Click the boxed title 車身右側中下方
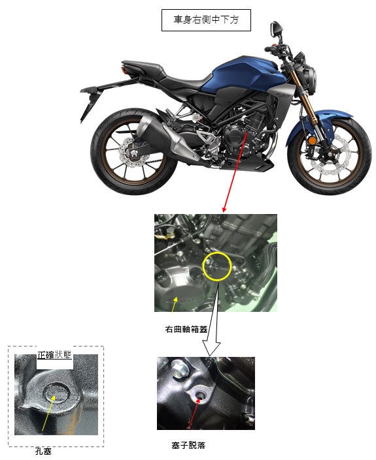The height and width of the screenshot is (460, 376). click(206, 20)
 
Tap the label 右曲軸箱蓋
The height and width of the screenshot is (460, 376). click(186, 329)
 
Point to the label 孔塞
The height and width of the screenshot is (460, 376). click(43, 451)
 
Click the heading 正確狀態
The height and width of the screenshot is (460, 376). click(54, 355)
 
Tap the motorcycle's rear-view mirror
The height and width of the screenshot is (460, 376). click(276, 29)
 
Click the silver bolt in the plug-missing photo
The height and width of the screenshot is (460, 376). click(178, 368)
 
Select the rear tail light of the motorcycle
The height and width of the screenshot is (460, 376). click(122, 71)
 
